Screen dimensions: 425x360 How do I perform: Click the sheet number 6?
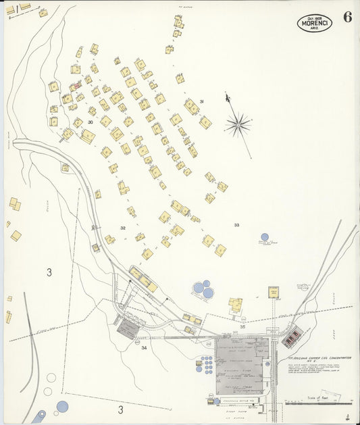tap(346, 18)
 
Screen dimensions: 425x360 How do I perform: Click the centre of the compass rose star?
tap(238, 124)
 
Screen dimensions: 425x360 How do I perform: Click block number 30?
tap(90, 122)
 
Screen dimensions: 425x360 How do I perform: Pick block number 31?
tap(201, 102)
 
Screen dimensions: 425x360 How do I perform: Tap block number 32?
tap(123, 228)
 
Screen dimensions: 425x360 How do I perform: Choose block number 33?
tap(236, 225)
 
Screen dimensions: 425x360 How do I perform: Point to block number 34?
tap(144, 348)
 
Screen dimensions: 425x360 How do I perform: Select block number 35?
tap(242, 326)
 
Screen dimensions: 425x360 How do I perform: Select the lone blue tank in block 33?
tap(264, 237)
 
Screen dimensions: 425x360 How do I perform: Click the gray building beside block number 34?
tap(128, 329)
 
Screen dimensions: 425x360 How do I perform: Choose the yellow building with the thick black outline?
tap(274, 292)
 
